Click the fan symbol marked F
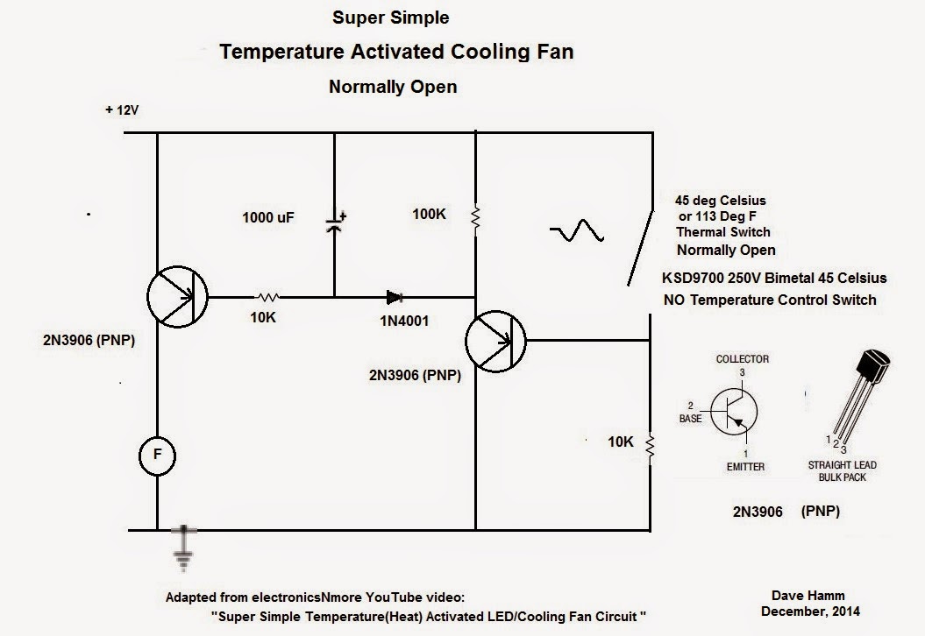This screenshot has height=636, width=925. [158, 455]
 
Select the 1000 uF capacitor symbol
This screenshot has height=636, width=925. [334, 221]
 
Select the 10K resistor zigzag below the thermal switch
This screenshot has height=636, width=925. [651, 446]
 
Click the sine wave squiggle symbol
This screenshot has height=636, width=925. [577, 231]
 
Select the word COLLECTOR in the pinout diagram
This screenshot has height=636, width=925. [742, 359]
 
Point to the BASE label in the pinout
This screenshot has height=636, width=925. [690, 419]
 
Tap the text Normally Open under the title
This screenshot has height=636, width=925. [392, 87]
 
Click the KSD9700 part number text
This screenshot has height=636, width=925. [701, 279]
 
